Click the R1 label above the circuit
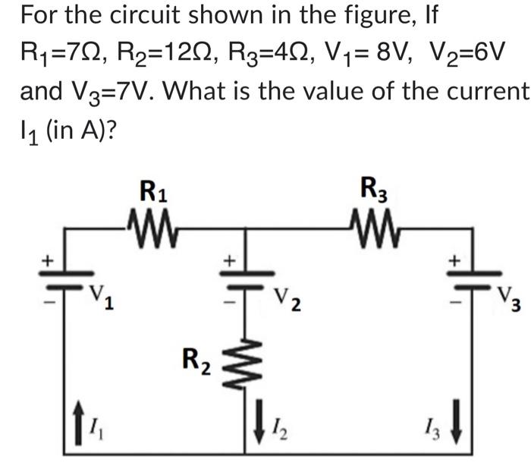click(x=154, y=190)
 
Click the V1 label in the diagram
click(x=102, y=295)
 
